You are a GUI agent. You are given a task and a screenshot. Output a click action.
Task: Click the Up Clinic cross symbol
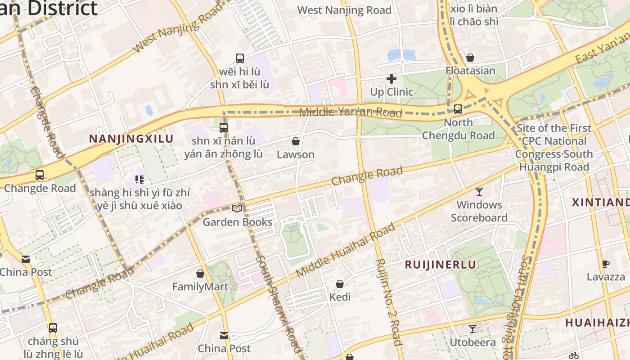(391, 79)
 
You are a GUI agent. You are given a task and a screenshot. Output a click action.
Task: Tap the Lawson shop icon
(296, 141)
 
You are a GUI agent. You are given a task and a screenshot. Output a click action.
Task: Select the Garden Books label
(237, 222)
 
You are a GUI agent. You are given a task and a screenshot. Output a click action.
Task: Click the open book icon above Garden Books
(237, 208)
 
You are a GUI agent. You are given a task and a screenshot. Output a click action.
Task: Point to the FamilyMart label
(200, 287)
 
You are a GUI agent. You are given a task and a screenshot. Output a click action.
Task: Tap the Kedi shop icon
(340, 284)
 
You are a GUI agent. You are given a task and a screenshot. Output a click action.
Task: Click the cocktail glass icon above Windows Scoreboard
(479, 191)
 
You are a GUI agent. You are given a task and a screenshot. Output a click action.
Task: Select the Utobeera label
(472, 342)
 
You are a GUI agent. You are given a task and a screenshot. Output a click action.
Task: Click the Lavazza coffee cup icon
(606, 264)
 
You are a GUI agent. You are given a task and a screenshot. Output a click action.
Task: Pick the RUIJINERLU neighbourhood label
(441, 265)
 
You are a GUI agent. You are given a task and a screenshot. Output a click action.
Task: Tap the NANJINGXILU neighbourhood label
(131, 139)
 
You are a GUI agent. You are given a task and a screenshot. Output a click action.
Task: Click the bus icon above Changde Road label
(40, 175)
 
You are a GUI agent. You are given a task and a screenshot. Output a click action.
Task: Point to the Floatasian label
(470, 71)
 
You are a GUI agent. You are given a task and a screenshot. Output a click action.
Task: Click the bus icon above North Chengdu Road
(458, 109)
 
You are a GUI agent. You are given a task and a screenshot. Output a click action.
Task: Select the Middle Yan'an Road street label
(350, 112)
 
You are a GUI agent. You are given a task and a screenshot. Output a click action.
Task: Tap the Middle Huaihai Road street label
(345, 250)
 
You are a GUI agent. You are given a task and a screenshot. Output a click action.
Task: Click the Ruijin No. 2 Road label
(388, 301)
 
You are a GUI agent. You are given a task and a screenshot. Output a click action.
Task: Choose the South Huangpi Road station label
(553, 148)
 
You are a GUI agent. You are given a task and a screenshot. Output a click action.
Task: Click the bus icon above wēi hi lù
(240, 58)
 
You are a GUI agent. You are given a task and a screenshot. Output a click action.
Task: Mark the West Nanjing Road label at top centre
(344, 10)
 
